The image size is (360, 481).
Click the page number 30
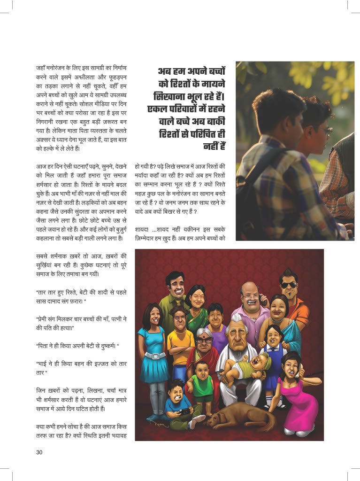pos(39,452)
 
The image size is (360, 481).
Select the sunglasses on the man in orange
pos(289,285)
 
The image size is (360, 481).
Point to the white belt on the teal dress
pos(155,356)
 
